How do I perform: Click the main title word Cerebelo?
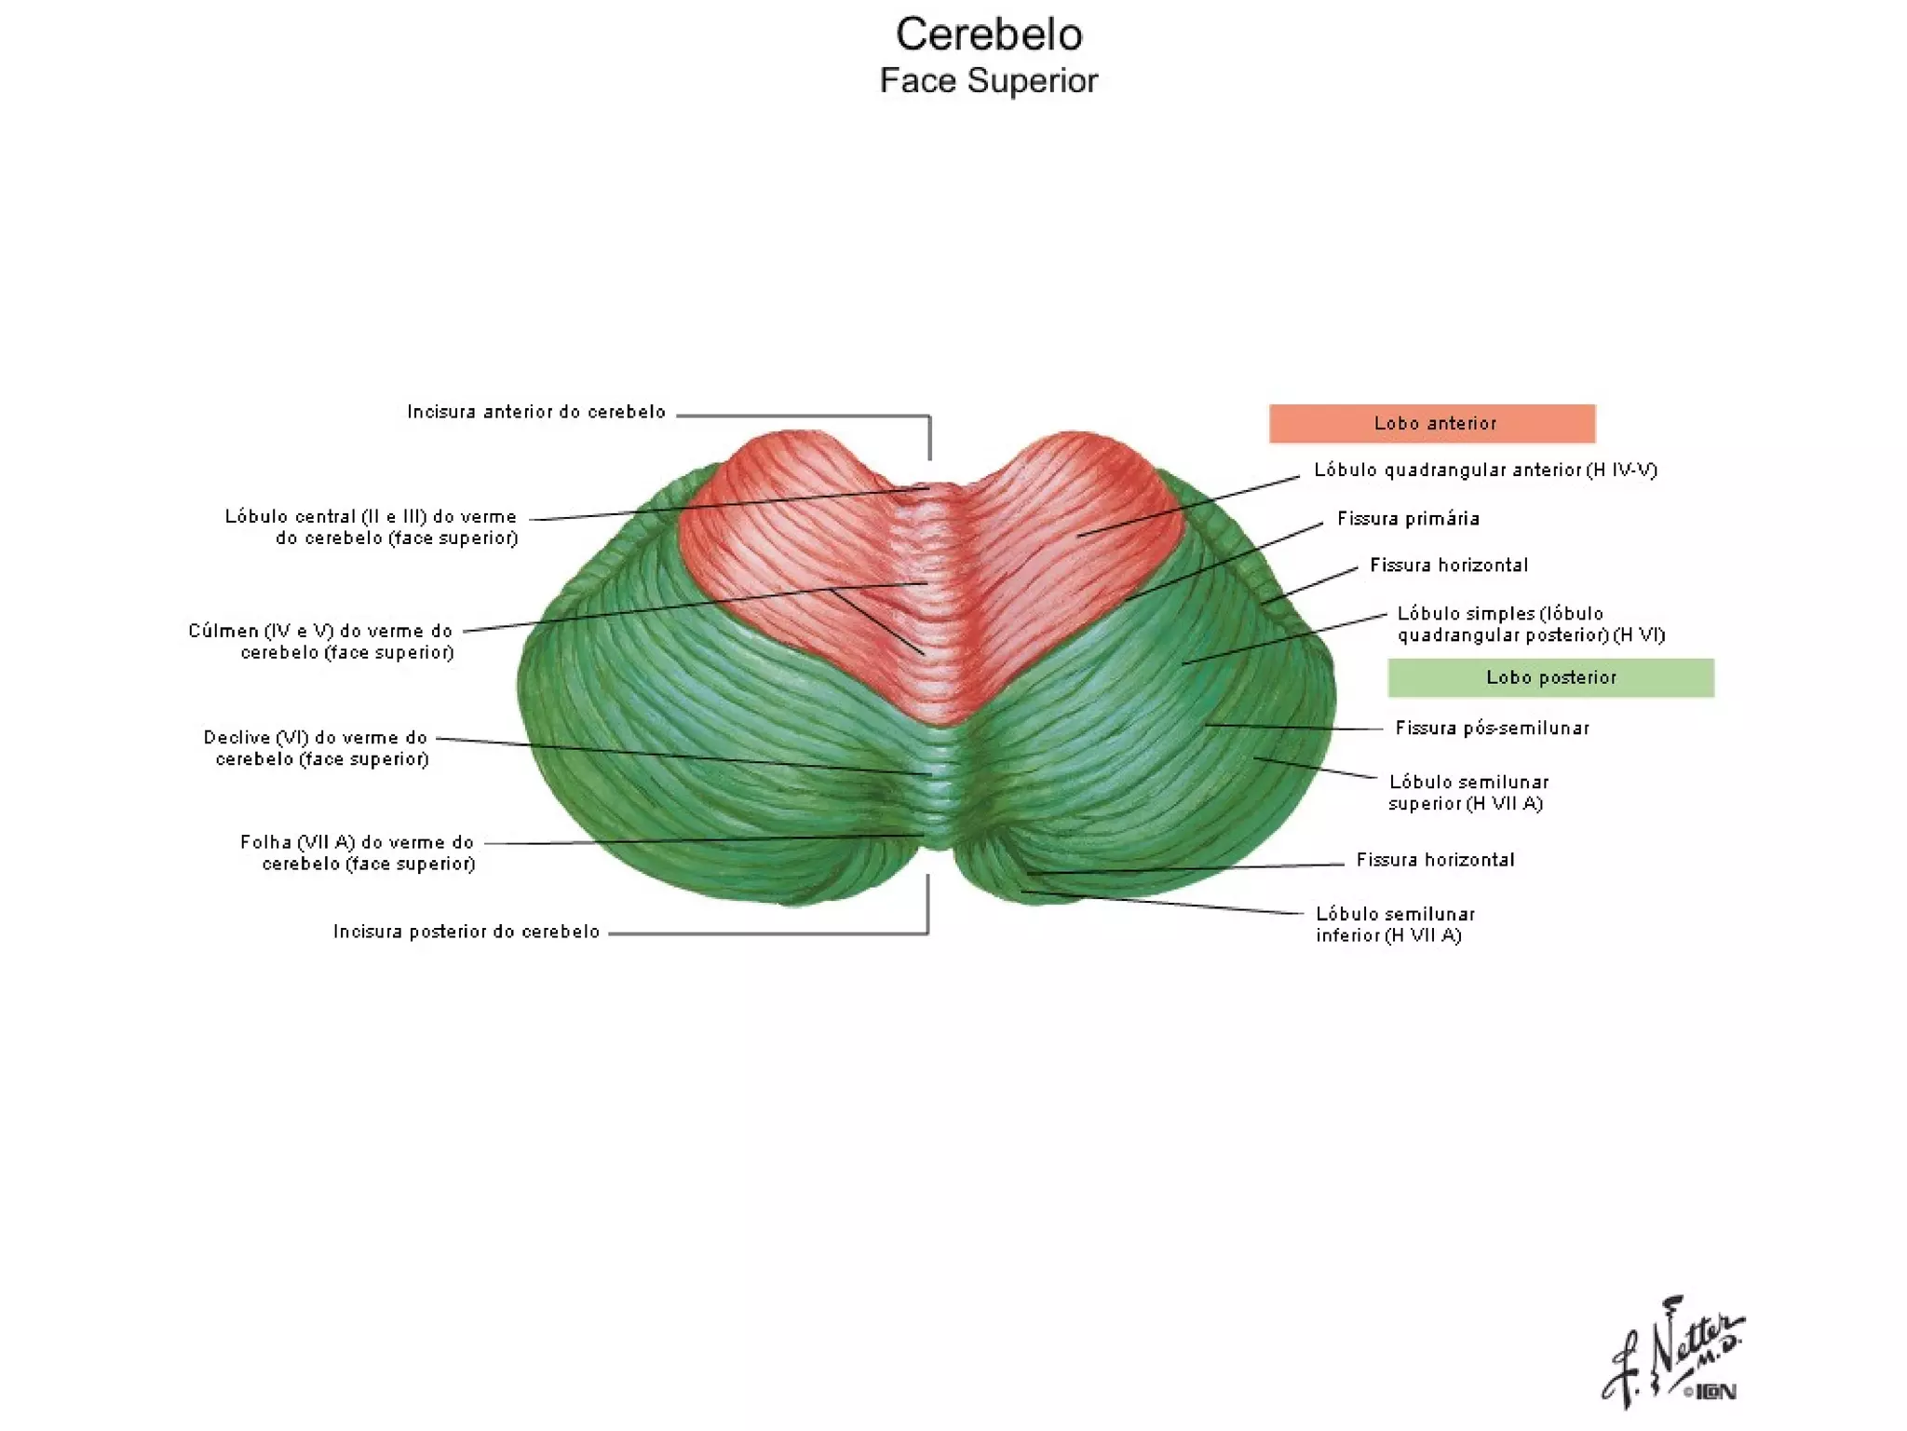(x=989, y=35)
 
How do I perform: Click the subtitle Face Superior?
(x=989, y=81)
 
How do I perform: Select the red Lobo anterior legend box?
(x=1431, y=424)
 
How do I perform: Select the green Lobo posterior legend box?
(x=1550, y=678)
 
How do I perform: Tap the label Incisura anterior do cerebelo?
(x=536, y=412)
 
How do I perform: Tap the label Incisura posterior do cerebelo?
(x=467, y=932)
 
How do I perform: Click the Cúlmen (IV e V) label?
(x=321, y=641)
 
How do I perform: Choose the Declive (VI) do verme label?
(x=317, y=748)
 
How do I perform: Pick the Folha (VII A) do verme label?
(x=358, y=852)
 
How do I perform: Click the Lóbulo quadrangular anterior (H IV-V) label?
(x=1485, y=470)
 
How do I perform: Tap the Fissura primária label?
(x=1408, y=519)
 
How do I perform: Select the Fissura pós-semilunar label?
(x=1492, y=729)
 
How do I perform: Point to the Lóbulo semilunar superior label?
(x=1468, y=793)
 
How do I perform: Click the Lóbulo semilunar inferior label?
(x=1395, y=924)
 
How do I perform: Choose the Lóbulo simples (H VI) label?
(x=1531, y=624)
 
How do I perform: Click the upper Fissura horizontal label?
(x=1449, y=566)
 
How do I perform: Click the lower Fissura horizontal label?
(x=1435, y=860)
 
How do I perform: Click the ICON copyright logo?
(x=1711, y=1392)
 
